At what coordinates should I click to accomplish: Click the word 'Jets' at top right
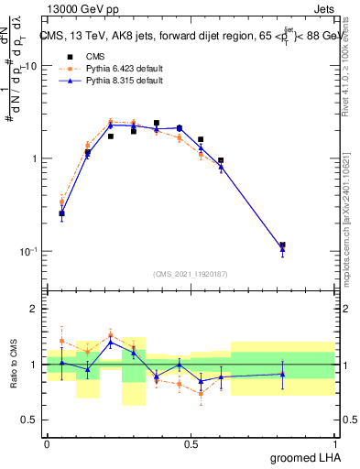335,7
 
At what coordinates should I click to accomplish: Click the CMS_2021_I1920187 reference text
191,273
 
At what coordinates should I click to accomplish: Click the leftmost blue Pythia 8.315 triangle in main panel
61,214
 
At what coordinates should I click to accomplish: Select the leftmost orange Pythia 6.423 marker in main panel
61,202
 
